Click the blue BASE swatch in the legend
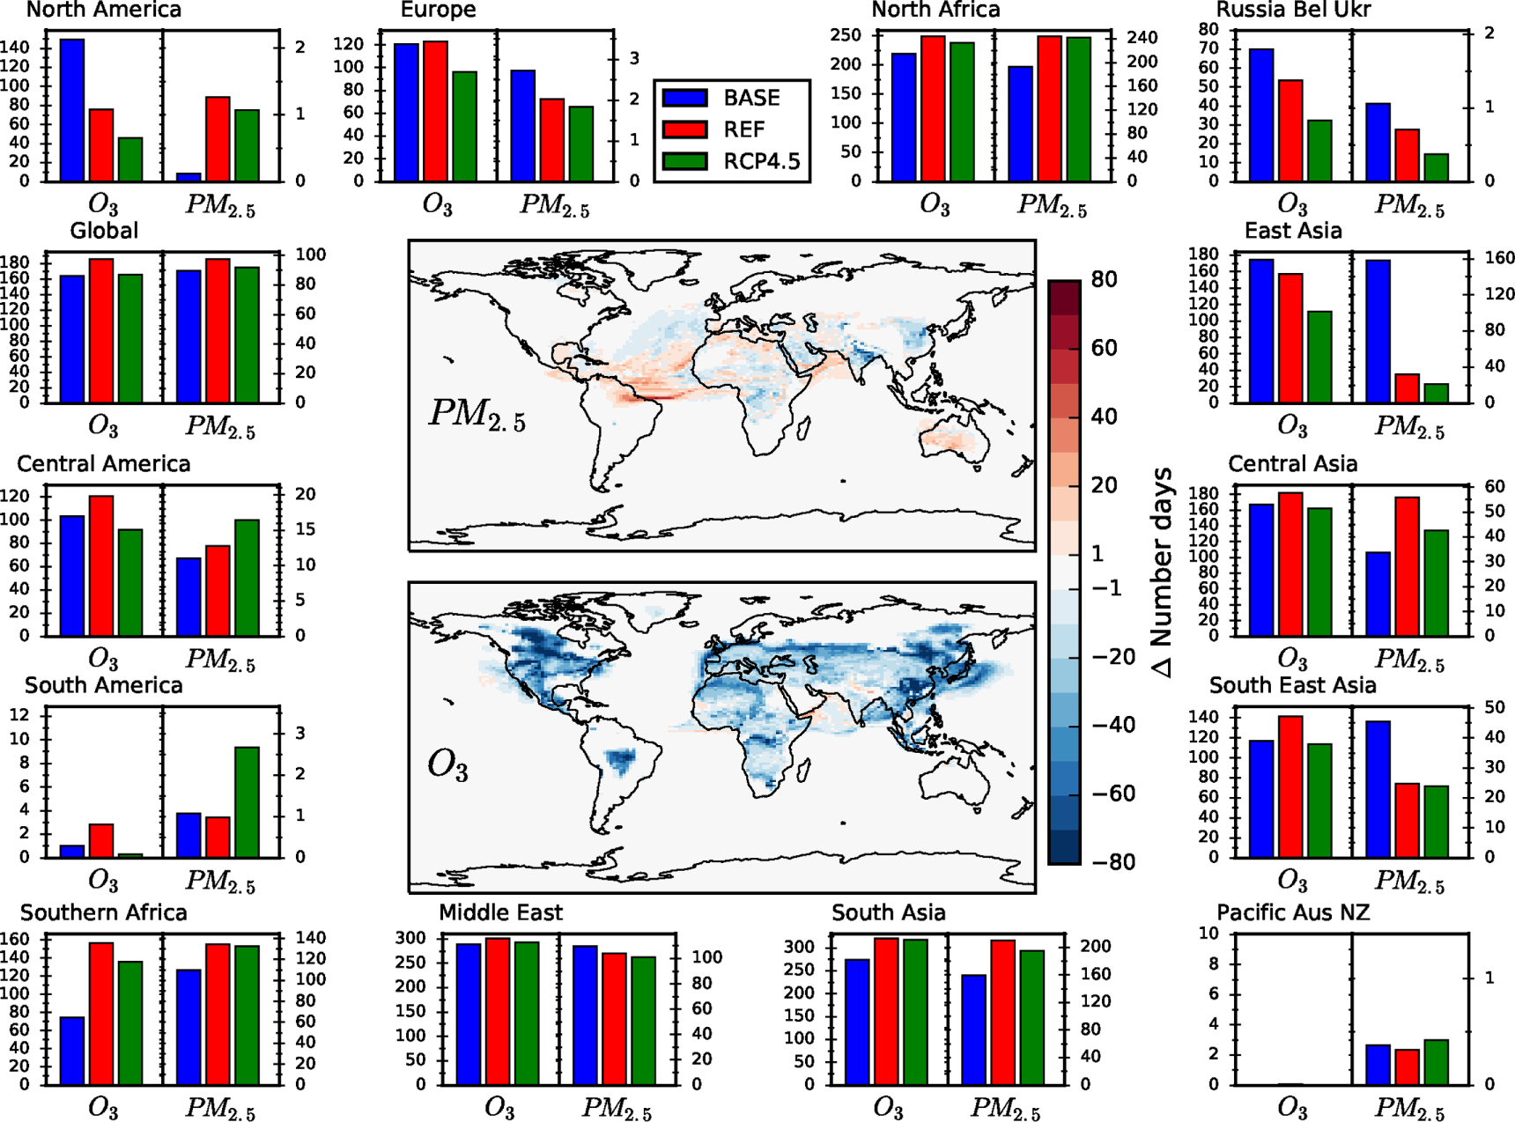point(684,98)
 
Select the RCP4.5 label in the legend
point(761,161)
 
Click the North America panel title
point(104,11)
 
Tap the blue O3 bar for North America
point(72,110)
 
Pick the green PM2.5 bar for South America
point(247,801)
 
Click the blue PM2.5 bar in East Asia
point(1378,331)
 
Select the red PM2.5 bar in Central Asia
point(1407,565)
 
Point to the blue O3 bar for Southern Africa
point(72,1050)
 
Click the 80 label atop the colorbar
point(1104,280)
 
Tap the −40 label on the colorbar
point(1112,725)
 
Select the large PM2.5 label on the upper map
point(477,414)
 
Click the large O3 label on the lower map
point(447,764)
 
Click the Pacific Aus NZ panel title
point(1292,912)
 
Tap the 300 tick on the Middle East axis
point(410,939)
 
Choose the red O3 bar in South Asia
point(886,1011)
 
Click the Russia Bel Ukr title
point(1292,11)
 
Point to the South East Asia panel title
point(1292,685)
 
